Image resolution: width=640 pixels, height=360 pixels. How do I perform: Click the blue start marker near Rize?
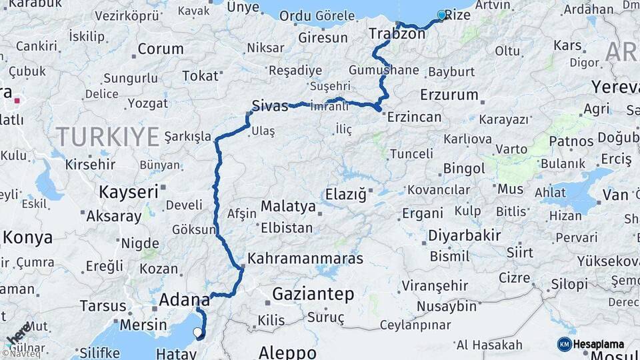(x=441, y=15)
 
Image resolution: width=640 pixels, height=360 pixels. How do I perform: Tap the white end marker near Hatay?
(x=197, y=331)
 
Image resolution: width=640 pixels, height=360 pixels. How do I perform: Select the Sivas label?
(x=270, y=105)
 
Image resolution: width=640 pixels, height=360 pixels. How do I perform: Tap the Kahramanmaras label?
(x=305, y=258)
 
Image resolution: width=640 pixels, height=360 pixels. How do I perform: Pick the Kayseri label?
(x=129, y=192)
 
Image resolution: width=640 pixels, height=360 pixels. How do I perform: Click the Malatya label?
(x=288, y=206)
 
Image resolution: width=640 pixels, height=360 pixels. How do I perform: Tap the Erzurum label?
(x=449, y=95)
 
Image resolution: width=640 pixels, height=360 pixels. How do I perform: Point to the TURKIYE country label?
(x=107, y=137)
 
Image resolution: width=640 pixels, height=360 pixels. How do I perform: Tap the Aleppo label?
(x=287, y=352)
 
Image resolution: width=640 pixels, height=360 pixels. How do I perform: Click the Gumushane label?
(x=383, y=70)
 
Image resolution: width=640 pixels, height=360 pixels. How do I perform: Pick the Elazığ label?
(x=345, y=195)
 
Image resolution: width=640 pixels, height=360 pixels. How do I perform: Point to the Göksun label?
(x=193, y=229)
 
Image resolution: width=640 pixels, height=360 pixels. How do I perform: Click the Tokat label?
(x=200, y=75)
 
